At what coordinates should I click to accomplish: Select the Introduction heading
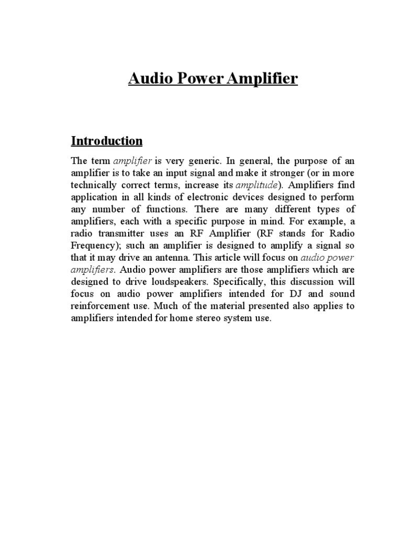point(107,141)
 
